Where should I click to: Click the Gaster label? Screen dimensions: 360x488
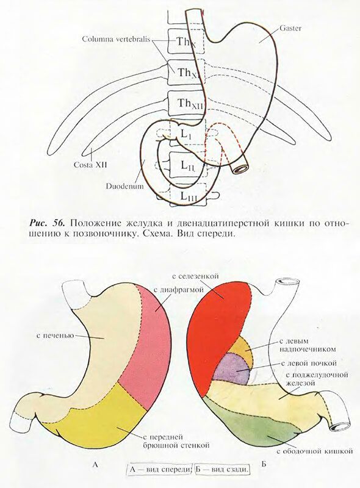[x=290, y=28]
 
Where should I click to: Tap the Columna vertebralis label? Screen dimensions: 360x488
[x=117, y=39]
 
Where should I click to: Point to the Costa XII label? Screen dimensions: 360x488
[x=90, y=165]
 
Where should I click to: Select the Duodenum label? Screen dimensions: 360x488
[x=125, y=187]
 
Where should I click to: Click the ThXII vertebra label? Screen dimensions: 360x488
[x=190, y=104]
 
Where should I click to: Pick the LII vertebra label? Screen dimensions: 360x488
[x=188, y=165]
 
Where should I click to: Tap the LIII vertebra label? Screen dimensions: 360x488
[x=189, y=196]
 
